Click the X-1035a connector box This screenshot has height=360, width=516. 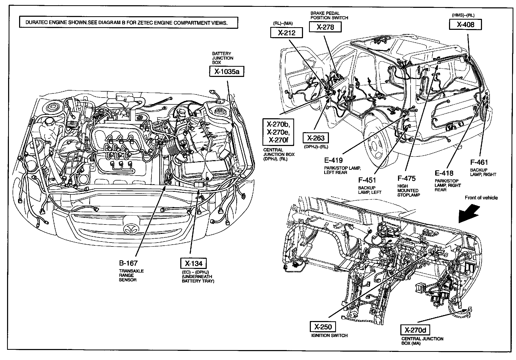tap(227, 71)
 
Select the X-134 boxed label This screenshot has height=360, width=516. tap(194, 263)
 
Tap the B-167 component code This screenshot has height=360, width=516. tap(128, 263)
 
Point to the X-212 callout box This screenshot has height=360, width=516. tap(286, 33)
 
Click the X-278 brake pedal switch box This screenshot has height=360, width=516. tap(325, 27)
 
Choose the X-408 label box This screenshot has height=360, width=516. tap(465, 24)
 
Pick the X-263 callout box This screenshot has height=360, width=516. tap(316, 138)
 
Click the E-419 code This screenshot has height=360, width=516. tap(333, 160)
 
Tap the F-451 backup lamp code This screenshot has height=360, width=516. tap(367, 180)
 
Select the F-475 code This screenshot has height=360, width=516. tap(406, 178)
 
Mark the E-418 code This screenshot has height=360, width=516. tap(444, 173)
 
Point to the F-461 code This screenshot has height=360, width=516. tap(479, 162)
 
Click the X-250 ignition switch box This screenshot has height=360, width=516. tap(323, 327)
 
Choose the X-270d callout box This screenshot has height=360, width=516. tap(415, 330)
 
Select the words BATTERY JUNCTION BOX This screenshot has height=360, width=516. tap(222, 58)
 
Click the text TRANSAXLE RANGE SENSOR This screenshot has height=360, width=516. tap(131, 275)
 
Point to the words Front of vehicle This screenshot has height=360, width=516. tap(481, 198)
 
